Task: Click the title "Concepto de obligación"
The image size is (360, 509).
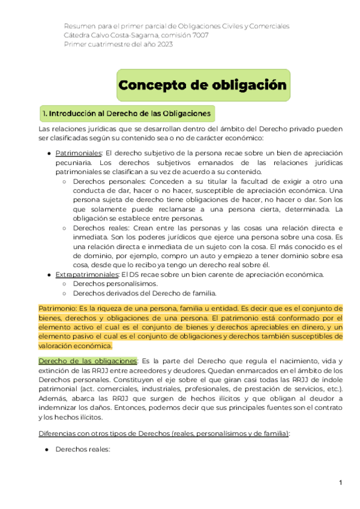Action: [x=203, y=85]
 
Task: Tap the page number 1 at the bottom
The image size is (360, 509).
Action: [x=340, y=483]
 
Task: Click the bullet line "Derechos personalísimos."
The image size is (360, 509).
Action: [x=115, y=284]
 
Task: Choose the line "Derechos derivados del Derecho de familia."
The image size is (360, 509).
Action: [x=144, y=294]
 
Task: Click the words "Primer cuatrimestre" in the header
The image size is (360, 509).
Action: [x=97, y=46]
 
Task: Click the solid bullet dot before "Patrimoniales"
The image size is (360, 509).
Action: [x=49, y=154]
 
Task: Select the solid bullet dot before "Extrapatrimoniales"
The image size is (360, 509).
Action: [x=49, y=275]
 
